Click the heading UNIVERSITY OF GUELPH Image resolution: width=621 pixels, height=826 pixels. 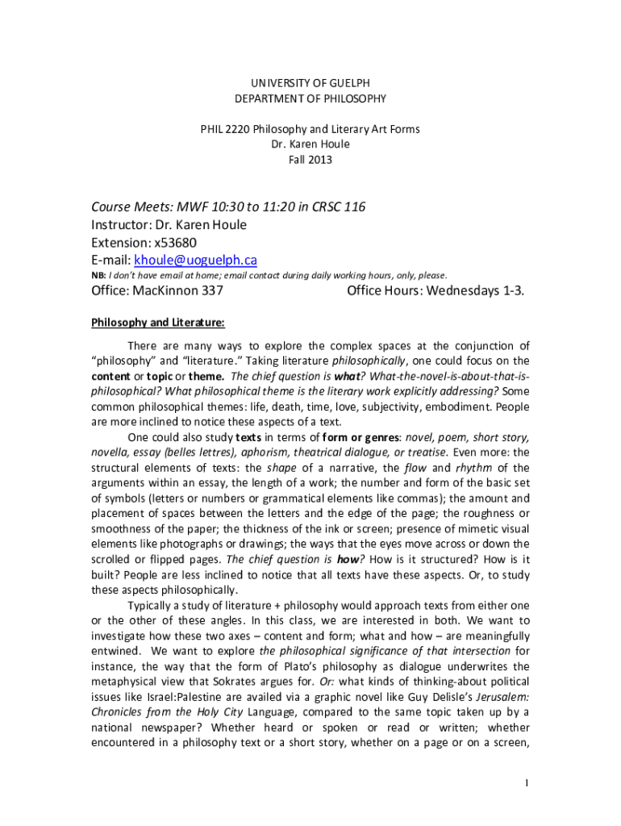pyautogui.click(x=310, y=83)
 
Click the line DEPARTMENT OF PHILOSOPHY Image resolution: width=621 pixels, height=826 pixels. pyautogui.click(x=310, y=98)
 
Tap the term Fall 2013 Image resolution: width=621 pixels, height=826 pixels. pyautogui.click(x=310, y=160)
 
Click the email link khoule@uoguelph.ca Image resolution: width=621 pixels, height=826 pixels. pyautogui.click(x=195, y=260)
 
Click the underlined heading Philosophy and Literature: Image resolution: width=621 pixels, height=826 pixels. pyautogui.click(x=157, y=323)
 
